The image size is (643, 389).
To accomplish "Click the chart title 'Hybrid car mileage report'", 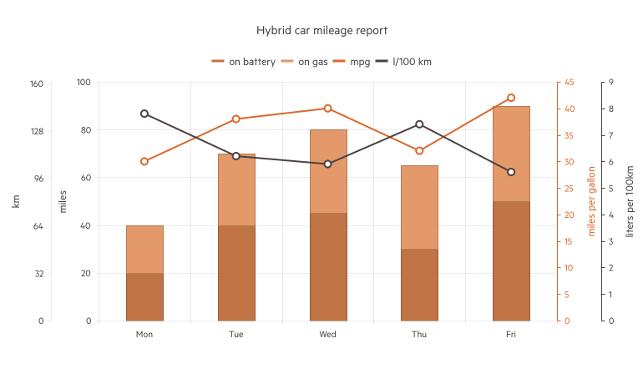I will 321,30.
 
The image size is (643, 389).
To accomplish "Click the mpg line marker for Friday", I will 511,98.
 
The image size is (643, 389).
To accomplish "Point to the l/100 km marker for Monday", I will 144,114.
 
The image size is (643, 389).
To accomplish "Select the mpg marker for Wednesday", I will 327,109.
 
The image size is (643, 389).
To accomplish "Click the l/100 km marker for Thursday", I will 419,124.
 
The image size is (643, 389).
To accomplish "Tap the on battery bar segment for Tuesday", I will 236,273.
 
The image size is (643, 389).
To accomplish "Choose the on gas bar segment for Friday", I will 511,154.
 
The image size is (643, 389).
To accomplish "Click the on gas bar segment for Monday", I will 144,249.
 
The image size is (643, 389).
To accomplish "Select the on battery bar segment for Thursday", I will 419,285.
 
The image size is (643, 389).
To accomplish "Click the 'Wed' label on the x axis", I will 327,335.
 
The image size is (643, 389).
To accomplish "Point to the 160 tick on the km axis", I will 36,83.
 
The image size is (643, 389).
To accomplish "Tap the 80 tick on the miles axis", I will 84,130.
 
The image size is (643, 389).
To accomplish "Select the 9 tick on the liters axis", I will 611,83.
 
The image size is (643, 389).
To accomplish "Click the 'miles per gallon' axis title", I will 592,200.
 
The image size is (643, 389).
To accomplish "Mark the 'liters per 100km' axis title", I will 630,200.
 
